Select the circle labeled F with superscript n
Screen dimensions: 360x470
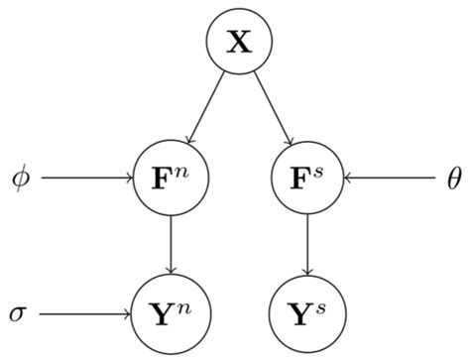(173, 180)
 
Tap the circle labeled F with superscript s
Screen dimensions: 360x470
(307, 180)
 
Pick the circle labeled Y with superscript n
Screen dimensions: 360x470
(173, 315)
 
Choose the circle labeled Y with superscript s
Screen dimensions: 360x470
(307, 315)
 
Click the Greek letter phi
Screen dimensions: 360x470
(21, 180)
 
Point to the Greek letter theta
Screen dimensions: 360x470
(454, 180)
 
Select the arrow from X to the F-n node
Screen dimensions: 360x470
(207, 108)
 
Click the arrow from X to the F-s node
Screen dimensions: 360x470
(273, 108)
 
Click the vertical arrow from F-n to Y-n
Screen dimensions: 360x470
(173, 247)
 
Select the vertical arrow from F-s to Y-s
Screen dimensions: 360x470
(307, 247)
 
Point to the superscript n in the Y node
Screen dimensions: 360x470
(185, 307)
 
